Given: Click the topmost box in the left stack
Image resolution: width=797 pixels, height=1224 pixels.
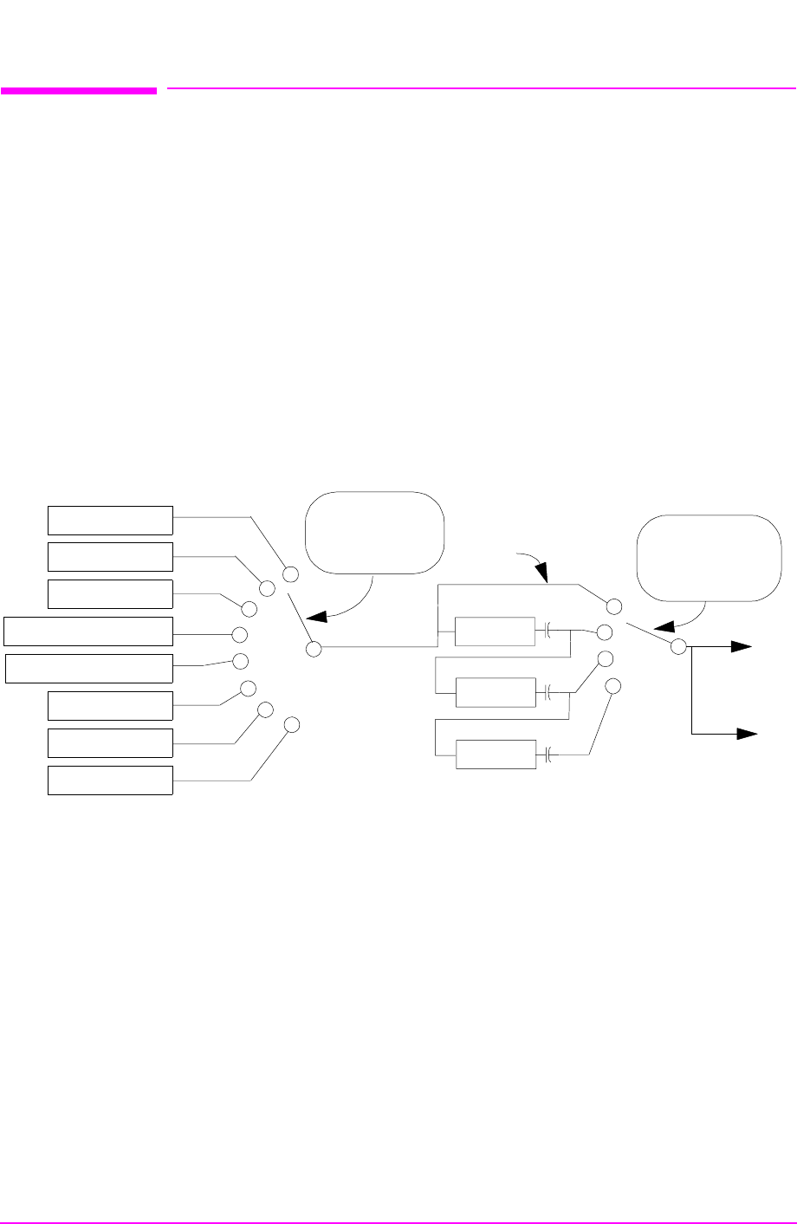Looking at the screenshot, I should [110, 520].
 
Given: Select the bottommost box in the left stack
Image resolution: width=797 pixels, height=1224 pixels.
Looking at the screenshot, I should [110, 780].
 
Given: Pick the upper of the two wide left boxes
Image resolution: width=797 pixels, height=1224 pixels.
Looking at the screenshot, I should [88, 631].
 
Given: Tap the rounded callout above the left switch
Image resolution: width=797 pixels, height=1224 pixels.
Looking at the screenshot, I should [374, 532].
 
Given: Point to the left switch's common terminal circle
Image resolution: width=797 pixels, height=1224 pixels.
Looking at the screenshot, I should [313, 648].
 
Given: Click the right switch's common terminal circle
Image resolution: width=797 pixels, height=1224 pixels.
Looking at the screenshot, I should [679, 646].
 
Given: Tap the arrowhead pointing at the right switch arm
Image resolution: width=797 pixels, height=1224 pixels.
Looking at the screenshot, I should [662, 628].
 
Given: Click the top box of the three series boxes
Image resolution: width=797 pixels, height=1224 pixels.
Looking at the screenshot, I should [496, 631].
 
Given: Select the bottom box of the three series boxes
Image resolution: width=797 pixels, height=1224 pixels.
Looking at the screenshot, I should [496, 755].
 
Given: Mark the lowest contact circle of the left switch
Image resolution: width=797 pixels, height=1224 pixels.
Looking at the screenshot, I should [292, 724].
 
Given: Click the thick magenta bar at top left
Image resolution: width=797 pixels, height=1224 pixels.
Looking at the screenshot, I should [79, 89].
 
